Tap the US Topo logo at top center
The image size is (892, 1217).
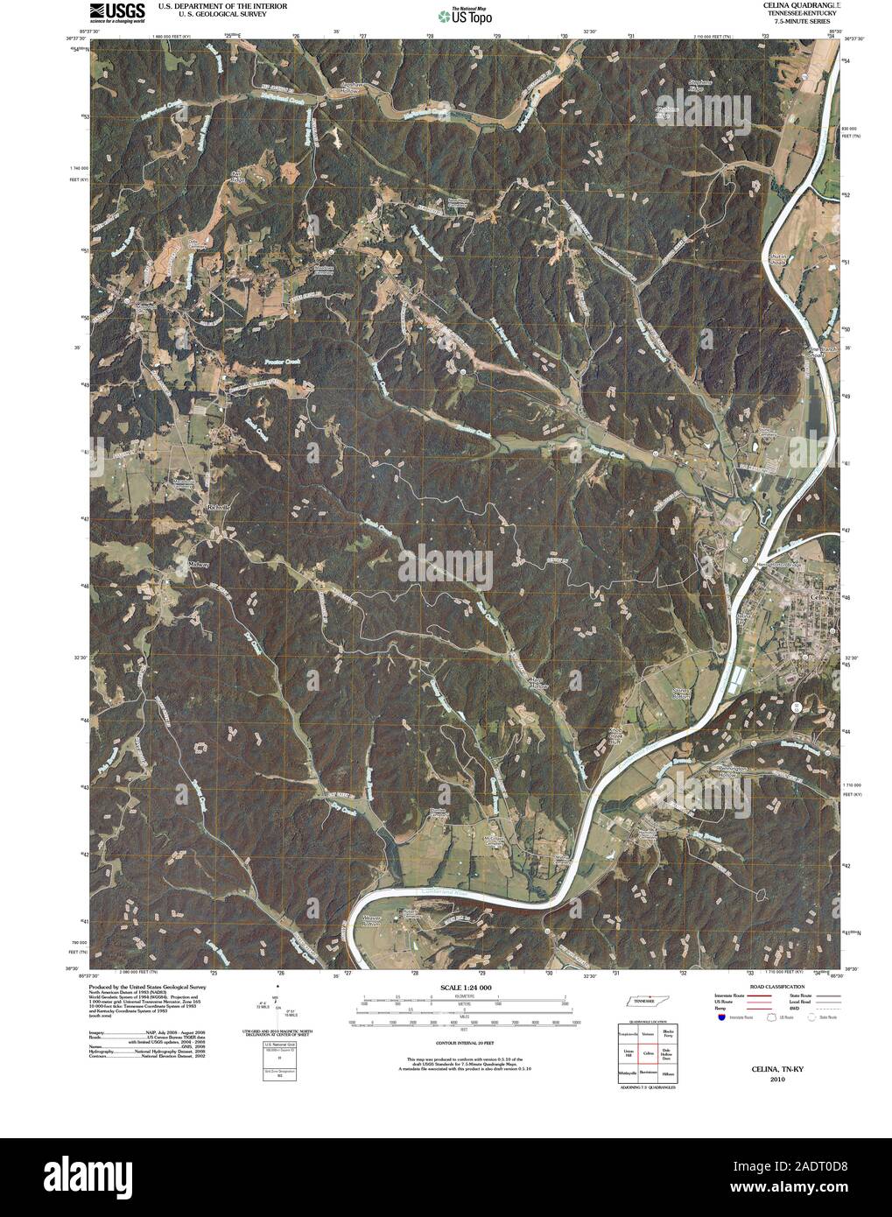[464, 14]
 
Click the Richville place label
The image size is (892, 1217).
[218, 509]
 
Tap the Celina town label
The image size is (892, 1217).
[819, 595]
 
